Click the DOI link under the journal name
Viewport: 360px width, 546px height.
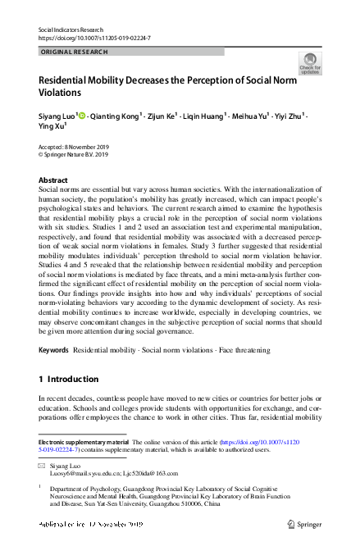pos(94,39)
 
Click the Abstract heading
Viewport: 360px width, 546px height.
pos(54,180)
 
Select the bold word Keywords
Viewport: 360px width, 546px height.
pos(53,350)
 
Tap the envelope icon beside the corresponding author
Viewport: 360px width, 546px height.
pos(42,465)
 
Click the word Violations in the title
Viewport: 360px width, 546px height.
pos(66,93)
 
